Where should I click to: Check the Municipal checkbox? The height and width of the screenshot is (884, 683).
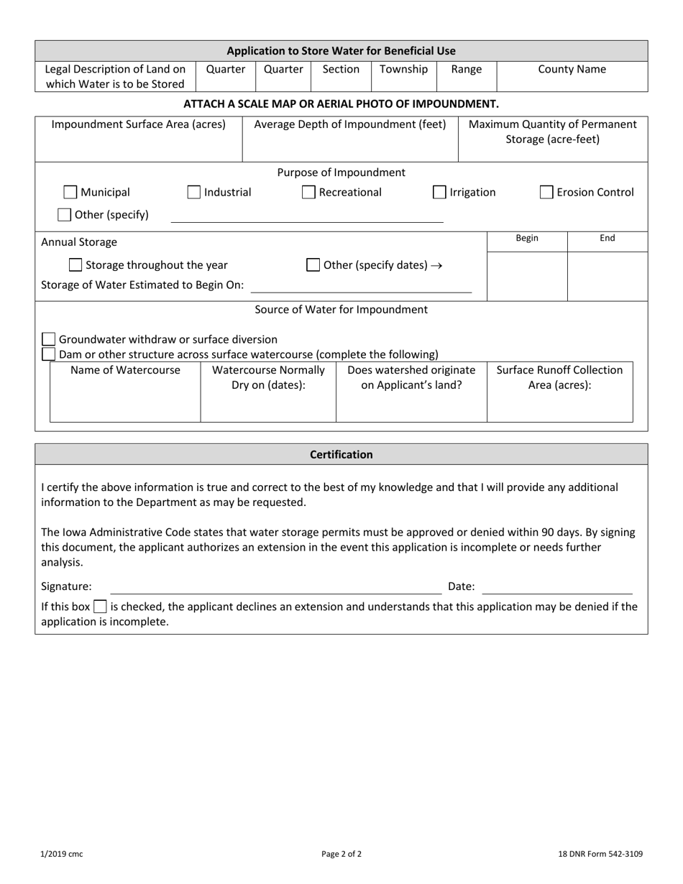point(70,193)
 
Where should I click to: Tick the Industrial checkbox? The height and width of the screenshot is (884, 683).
point(194,193)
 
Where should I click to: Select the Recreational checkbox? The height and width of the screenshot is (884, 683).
point(308,193)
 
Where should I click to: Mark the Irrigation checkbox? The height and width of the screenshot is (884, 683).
point(439,193)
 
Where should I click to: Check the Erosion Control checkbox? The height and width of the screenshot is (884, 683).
point(547,193)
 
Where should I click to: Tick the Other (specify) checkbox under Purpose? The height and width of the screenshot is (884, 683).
point(65,215)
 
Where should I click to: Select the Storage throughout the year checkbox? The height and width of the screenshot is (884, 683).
point(75,265)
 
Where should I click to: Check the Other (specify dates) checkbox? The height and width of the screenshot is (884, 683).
point(313,265)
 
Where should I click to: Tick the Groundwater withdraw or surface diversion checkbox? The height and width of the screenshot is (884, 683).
point(49,339)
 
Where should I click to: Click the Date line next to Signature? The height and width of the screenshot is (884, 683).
point(556,587)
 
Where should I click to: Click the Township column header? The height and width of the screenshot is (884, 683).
point(403,70)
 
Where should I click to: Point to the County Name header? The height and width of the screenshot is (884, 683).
point(572,70)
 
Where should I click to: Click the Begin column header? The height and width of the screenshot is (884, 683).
point(527,239)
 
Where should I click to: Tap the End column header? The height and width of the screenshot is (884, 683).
point(608,239)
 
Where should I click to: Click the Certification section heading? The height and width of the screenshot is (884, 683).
point(341,455)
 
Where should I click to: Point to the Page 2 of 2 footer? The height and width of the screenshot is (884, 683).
point(341,855)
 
